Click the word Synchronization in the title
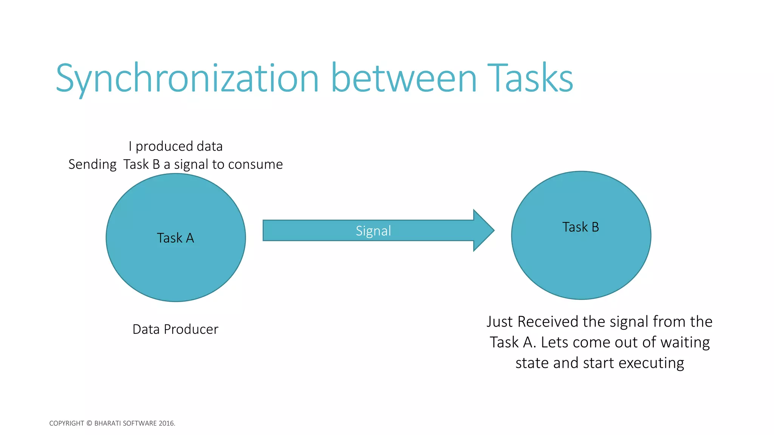(187, 79)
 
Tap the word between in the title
(404, 79)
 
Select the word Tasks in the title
(530, 79)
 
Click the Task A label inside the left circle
(175, 238)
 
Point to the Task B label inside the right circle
(580, 227)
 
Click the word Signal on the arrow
(373, 231)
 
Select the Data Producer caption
(175, 329)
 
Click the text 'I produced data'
(175, 146)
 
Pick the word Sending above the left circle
(93, 164)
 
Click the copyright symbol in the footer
(89, 423)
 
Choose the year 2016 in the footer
(167, 423)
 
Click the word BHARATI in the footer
(108, 423)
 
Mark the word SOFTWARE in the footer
(140, 423)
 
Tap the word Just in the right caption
(500, 322)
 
